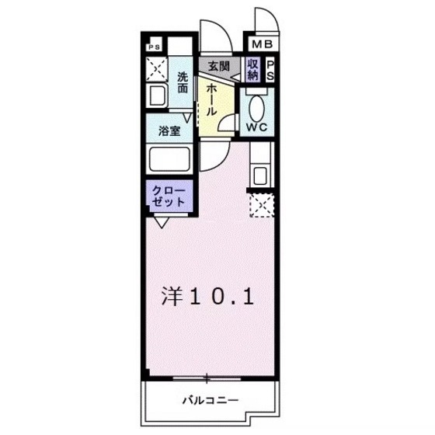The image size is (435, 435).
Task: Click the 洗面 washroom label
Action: click(182, 83)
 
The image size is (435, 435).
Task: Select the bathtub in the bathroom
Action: click(169, 162)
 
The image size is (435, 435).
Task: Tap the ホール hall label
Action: click(211, 100)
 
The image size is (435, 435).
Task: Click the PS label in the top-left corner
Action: click(154, 46)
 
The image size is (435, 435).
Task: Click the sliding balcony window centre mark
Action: click(207, 378)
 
